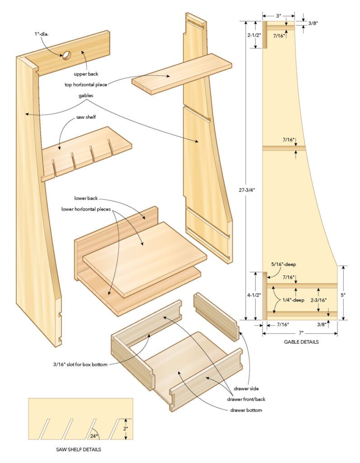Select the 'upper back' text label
coord(86,73)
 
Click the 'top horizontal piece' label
coord(86,85)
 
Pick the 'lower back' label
coord(86,198)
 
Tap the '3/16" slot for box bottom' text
coord(79,364)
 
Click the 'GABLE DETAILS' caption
coord(301,342)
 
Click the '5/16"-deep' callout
coord(283,264)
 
